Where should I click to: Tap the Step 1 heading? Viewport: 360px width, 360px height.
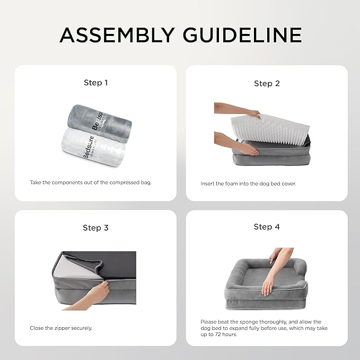tap(96, 83)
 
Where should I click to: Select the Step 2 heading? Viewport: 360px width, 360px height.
tap(267, 83)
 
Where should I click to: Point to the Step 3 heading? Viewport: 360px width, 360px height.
tap(96, 227)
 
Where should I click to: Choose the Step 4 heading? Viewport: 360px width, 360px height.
tap(267, 227)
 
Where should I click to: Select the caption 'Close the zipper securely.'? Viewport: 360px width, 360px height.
tap(61, 328)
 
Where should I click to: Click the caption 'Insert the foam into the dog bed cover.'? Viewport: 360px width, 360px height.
tap(248, 183)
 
